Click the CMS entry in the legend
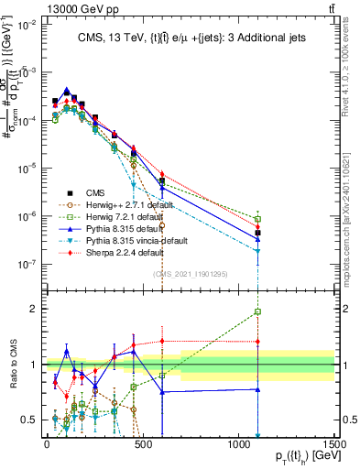click(85, 193)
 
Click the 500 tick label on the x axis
click(143, 444)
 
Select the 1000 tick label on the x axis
click(239, 444)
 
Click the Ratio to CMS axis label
click(12, 365)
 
